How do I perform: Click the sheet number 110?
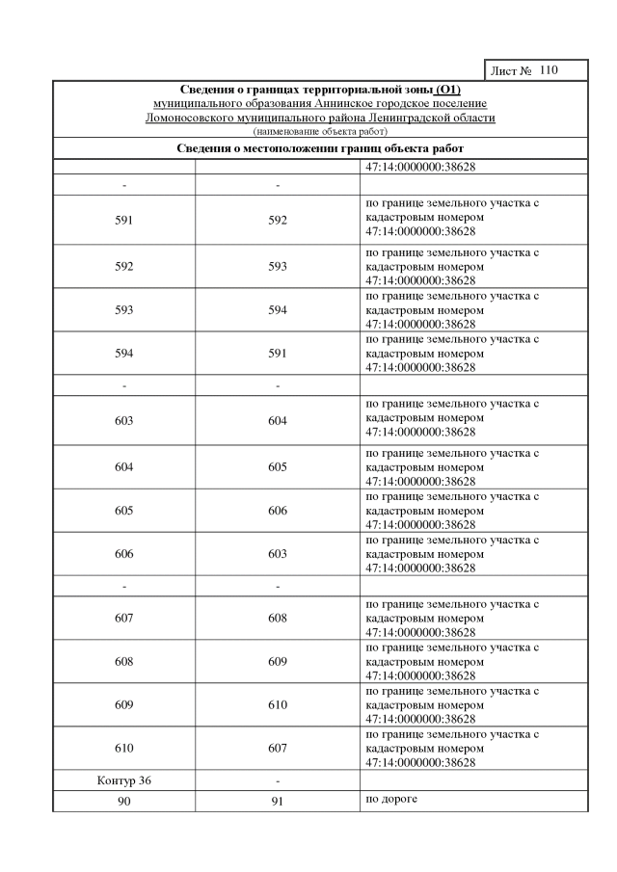coord(550,71)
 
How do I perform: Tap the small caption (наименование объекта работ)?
coord(320,130)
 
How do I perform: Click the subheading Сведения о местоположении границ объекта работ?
coord(320,148)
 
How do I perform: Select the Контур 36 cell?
coord(123,780)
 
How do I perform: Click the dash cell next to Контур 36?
coord(278,780)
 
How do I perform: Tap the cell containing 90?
coord(123,802)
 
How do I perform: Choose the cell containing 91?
coord(278,802)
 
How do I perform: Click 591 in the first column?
coord(123,220)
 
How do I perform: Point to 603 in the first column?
coord(123,421)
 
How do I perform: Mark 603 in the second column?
coord(278,553)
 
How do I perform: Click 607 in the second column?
coord(278,748)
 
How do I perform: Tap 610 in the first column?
coord(123,748)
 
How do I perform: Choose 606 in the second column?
coord(278,510)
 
